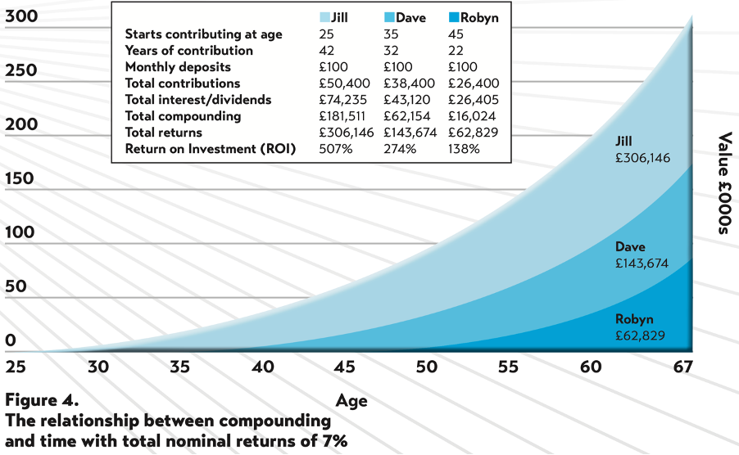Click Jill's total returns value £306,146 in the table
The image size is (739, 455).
click(x=345, y=133)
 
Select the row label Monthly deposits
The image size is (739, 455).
click(x=178, y=67)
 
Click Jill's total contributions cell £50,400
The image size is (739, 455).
click(x=344, y=83)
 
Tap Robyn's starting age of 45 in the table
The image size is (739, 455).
click(x=456, y=34)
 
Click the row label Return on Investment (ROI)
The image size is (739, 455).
click(x=211, y=149)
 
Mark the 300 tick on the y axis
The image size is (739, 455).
click(x=21, y=16)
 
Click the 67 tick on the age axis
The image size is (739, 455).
click(x=682, y=367)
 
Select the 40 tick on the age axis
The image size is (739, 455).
click(x=262, y=367)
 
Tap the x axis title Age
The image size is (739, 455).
click(x=351, y=401)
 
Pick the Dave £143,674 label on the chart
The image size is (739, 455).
click(x=642, y=255)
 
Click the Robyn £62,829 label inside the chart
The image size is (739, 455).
click(x=642, y=327)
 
